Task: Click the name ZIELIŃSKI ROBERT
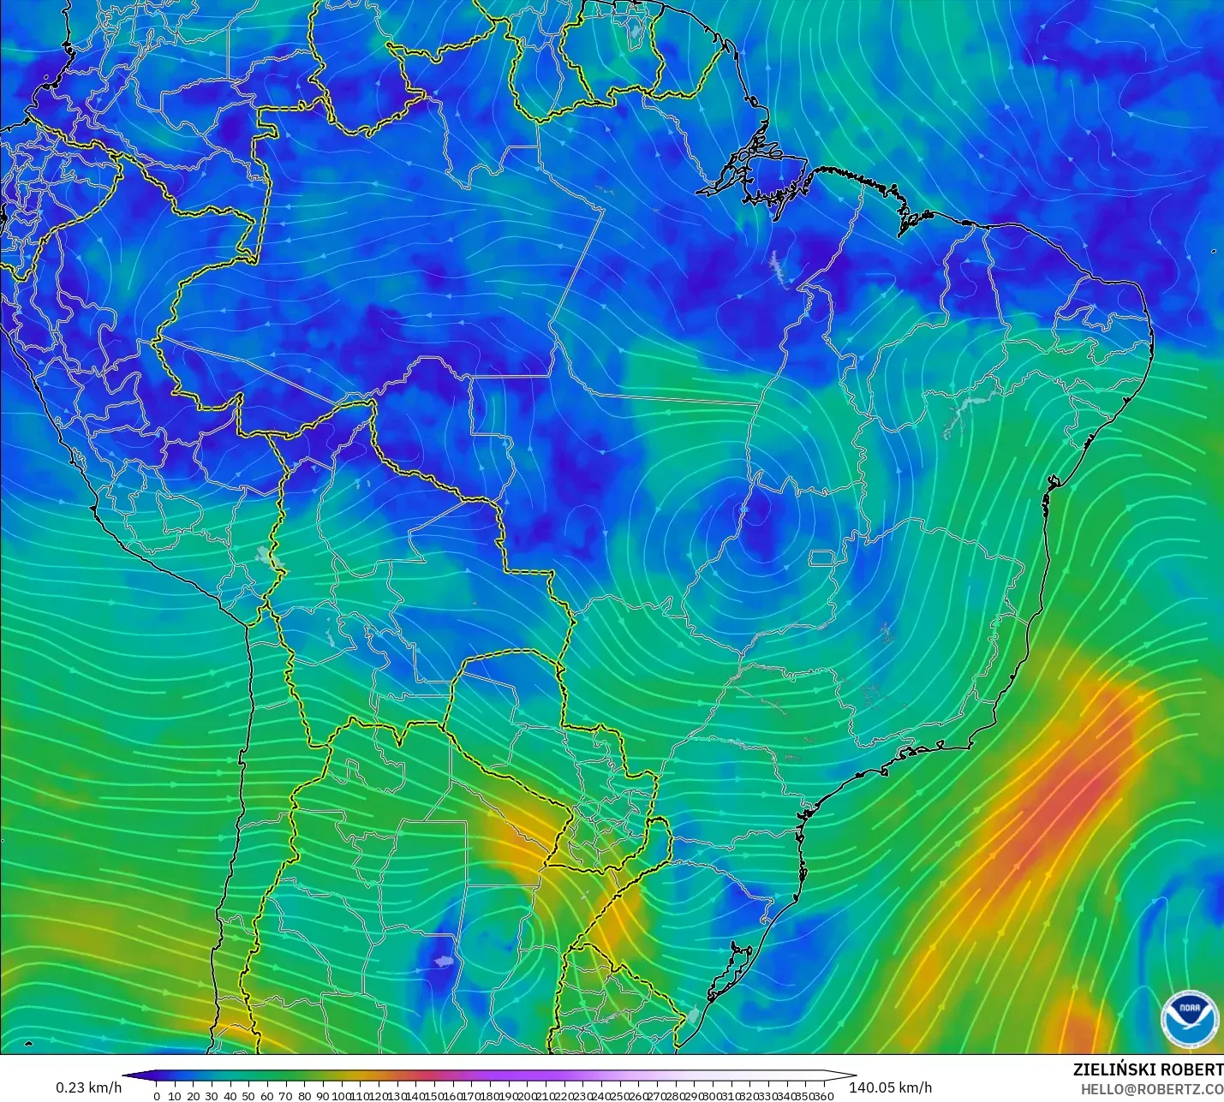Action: click(1148, 1069)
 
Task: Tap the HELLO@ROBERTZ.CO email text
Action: click(1151, 1088)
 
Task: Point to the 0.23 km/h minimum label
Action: click(89, 1087)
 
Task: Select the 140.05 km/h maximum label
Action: click(890, 1087)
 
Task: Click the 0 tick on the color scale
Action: click(157, 1095)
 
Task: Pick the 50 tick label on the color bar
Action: click(248, 1095)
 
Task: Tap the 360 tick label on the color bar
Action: click(823, 1095)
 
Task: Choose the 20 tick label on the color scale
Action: click(194, 1095)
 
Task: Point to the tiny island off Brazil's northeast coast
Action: click(1214, 251)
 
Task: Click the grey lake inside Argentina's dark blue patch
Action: click(442, 962)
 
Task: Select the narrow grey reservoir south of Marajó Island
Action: click(778, 267)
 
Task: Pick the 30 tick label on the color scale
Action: click(212, 1095)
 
